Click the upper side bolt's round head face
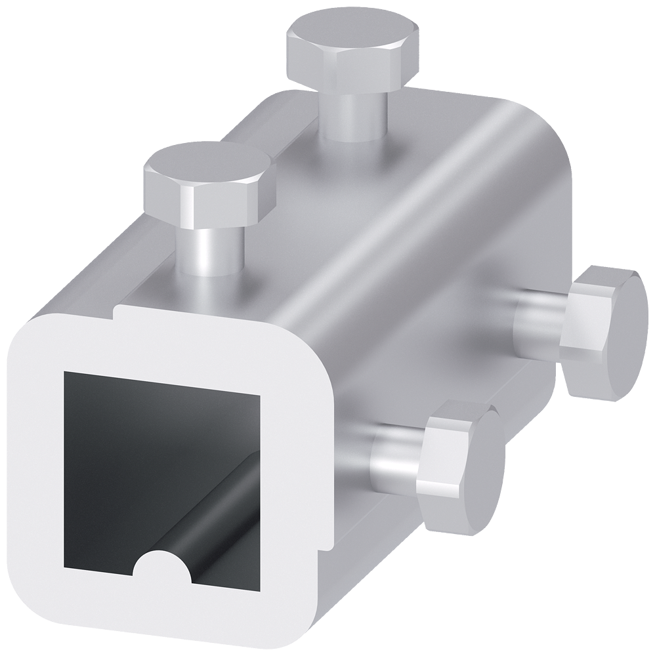617,335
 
